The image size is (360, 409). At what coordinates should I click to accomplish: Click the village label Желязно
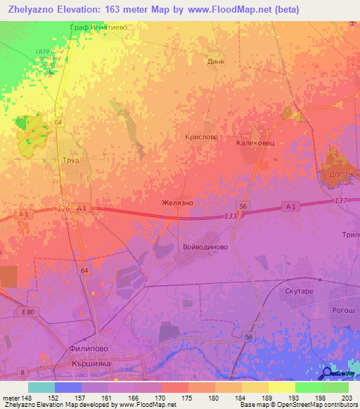coord(176,202)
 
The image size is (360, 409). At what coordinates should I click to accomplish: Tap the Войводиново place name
coord(205,247)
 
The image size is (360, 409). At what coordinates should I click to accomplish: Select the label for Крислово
coord(201,138)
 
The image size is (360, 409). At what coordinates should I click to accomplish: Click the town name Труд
coord(70,160)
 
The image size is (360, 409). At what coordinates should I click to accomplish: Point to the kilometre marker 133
coord(230,216)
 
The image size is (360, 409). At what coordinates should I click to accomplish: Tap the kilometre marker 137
coord(341,201)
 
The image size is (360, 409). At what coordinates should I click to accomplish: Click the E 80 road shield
coord(27,311)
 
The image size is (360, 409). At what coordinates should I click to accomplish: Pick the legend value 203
coord(345,398)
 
